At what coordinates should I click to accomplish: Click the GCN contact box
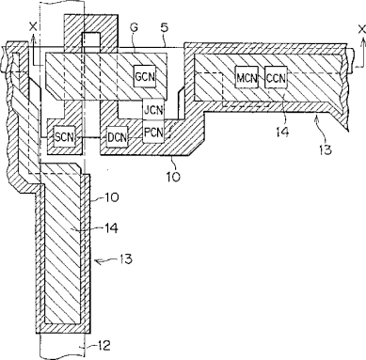pos(145,76)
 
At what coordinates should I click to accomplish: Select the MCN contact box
pos(247,78)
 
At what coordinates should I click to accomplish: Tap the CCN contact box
pos(276,78)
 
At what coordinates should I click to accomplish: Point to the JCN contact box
pos(153,109)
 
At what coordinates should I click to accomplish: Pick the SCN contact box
pos(65,136)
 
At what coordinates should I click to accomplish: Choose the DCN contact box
pos(118,137)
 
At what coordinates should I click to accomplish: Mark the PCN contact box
pos(153,133)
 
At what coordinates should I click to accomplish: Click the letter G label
pos(134,28)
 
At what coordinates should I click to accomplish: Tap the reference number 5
pos(164,27)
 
